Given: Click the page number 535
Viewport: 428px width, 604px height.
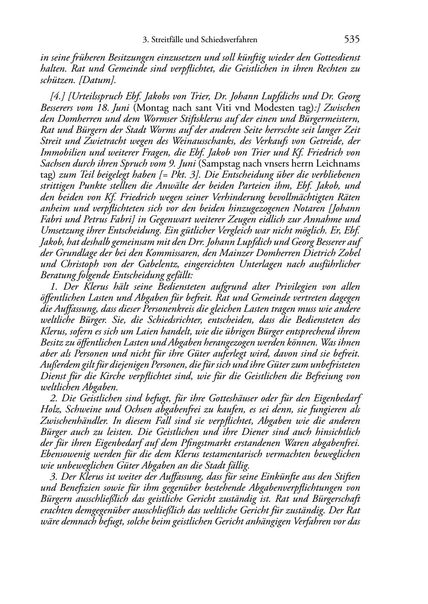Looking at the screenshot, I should click(x=352, y=40).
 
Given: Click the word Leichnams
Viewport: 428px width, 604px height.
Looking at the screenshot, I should click(x=338, y=164).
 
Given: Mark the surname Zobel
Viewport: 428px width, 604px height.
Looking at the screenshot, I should click(x=349, y=253).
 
